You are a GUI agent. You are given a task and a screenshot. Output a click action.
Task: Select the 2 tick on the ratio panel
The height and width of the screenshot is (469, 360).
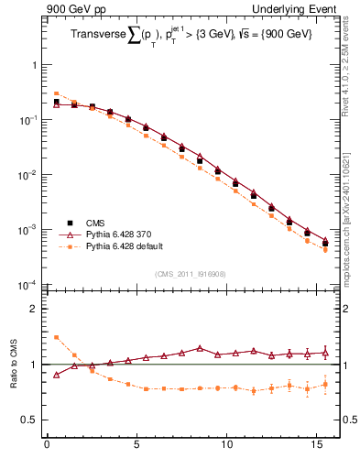pos(36,309)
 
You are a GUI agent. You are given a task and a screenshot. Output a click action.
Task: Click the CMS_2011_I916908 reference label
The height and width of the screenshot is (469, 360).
pos(191,274)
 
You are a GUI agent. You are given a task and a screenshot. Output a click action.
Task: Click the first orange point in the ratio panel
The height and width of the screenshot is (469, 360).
pos(56,337)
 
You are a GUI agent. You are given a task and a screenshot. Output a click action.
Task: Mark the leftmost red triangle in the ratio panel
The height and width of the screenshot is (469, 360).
pos(56,374)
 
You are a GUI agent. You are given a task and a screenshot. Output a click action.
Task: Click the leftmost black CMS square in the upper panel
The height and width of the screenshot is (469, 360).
pos(56,103)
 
